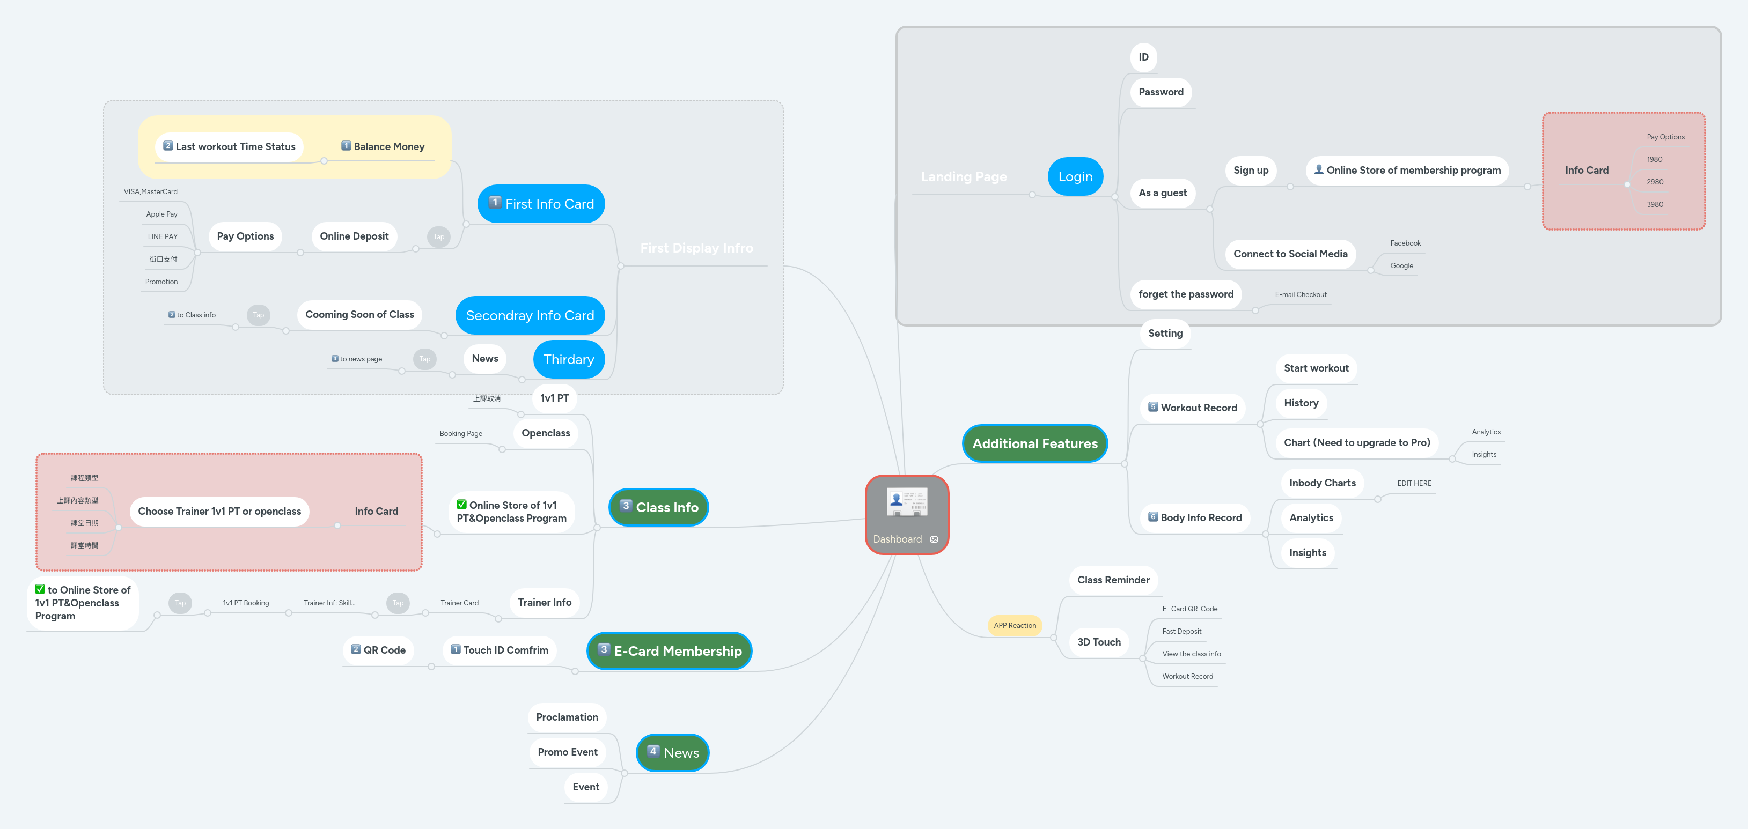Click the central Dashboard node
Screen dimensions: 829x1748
pyautogui.click(x=907, y=515)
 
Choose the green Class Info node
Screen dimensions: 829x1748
pyautogui.click(x=658, y=507)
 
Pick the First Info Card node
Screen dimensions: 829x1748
pyautogui.click(x=541, y=204)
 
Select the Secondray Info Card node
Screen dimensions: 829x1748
pyautogui.click(x=530, y=315)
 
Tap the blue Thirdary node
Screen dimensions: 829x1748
pyautogui.click(x=568, y=360)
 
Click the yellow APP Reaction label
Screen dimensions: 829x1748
pyautogui.click(x=1015, y=625)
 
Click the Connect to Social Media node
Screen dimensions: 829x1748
pyautogui.click(x=1289, y=254)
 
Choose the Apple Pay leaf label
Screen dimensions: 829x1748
pyautogui.click(x=161, y=214)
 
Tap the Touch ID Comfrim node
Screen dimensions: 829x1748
pyautogui.click(x=500, y=650)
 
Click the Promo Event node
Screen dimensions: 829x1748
pyautogui.click(x=567, y=752)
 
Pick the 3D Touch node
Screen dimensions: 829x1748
pyautogui.click(x=1099, y=642)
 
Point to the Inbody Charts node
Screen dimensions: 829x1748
pyautogui.click(x=1322, y=483)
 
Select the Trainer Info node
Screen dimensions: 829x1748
pyautogui.click(x=544, y=602)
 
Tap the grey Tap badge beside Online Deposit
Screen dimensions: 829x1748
pyautogui.click(x=439, y=237)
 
